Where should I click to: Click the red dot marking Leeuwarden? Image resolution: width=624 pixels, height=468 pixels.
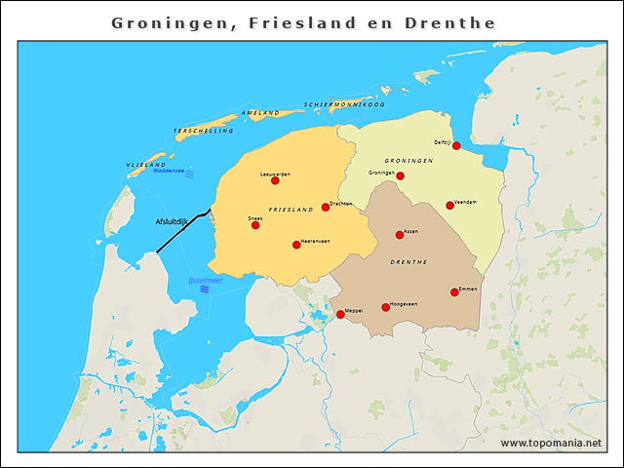(275, 180)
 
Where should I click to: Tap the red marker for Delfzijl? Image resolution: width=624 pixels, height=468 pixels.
(456, 146)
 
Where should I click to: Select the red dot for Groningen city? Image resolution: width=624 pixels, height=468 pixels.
(400, 176)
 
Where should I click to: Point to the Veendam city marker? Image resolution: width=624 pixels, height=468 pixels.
(449, 206)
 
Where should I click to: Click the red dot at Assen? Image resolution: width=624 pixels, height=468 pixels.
(400, 235)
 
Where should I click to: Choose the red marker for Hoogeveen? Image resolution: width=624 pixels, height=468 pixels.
(385, 308)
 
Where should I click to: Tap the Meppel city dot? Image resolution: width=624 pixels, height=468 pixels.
(340, 315)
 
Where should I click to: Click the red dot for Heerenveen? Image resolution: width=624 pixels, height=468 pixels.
(296, 245)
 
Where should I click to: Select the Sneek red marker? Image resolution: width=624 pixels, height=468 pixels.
(255, 225)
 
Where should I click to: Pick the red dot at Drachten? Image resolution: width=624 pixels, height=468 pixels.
(326, 207)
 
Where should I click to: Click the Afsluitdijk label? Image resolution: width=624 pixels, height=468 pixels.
(173, 222)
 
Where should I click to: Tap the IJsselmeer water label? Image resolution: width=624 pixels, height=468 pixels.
(205, 281)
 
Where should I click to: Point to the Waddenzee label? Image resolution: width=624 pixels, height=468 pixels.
(170, 171)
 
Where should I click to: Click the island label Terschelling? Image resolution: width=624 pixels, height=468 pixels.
(204, 130)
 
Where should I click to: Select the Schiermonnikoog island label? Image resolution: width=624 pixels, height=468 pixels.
(344, 103)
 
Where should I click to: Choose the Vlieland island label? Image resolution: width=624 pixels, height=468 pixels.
(145, 165)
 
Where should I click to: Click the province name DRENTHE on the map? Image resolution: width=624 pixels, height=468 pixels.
(408, 262)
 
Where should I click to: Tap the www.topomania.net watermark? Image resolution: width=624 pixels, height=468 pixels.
(551, 443)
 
